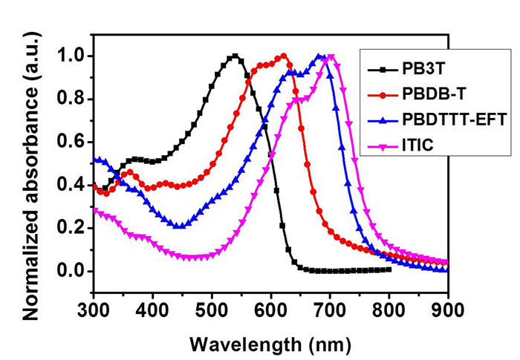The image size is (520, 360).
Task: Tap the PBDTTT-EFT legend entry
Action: [447, 118]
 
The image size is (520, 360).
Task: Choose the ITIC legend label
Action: [418, 143]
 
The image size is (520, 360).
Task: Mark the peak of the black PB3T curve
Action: [235, 56]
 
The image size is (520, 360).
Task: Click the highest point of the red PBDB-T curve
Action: [283, 56]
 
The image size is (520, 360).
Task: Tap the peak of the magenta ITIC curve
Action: [331, 56]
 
